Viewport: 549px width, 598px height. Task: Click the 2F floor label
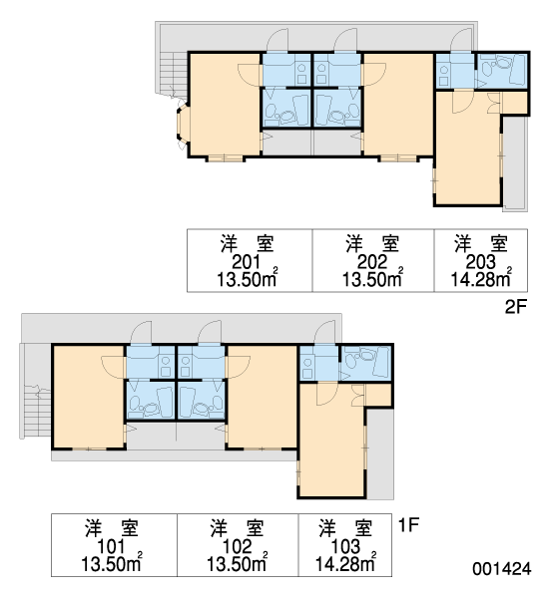[x=516, y=307]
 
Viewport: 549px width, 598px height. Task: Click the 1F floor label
[x=408, y=525]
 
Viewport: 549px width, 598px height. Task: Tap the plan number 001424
[x=502, y=569]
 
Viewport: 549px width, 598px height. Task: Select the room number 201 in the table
[x=247, y=262]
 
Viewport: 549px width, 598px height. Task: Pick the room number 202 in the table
[x=372, y=262]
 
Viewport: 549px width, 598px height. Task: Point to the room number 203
[x=480, y=262]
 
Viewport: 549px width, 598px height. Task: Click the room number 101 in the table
[x=111, y=547]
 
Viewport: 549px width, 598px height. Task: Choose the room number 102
[x=237, y=547]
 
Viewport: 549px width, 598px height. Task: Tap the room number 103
[x=345, y=547]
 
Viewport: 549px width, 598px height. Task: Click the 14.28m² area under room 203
[x=481, y=278]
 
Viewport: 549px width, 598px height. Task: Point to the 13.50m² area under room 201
[x=248, y=278]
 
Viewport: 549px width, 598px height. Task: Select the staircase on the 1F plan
[x=37, y=411]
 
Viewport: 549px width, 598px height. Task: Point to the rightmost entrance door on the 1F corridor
[x=324, y=333]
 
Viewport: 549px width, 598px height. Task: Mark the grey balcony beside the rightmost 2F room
[x=515, y=162]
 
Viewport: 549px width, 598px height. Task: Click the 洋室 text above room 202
[x=372, y=244]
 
